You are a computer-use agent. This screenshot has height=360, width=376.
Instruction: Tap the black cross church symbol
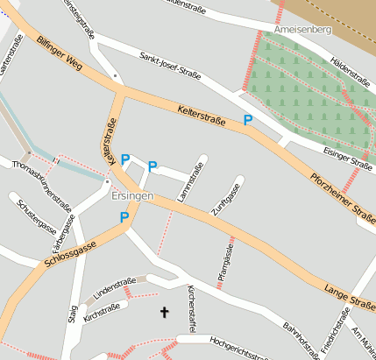pos(164,311)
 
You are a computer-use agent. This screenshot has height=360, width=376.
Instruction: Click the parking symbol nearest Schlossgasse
pos(124,217)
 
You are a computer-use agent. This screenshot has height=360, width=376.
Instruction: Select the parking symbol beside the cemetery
pos(248,120)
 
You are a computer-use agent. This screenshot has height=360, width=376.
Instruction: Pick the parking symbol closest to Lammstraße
pos(153,166)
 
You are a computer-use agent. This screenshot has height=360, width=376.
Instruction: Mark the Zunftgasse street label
pos(231,198)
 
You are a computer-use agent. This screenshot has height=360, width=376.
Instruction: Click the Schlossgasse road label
pos(69,255)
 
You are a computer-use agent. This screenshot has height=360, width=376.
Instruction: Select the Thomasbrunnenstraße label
pos(41,183)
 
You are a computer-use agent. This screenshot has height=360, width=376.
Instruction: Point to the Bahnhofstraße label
pos(302,341)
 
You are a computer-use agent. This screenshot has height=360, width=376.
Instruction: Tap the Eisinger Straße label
pos(347,159)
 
